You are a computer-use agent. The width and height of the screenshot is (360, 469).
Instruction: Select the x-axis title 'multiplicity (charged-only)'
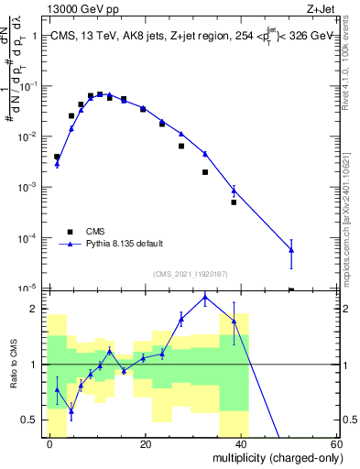click(272, 457)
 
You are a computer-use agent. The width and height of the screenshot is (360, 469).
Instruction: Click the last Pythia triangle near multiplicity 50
click(291, 249)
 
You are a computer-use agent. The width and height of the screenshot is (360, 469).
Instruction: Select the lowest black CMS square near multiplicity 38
click(234, 202)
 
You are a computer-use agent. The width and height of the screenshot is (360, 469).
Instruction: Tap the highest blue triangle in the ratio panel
click(205, 297)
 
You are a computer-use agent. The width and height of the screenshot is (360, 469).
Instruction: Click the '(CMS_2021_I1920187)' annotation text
click(189, 273)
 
